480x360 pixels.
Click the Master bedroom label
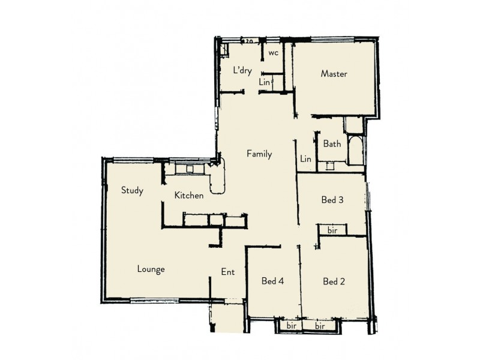(334, 74)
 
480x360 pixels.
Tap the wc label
(273, 53)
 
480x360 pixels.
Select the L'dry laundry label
(242, 71)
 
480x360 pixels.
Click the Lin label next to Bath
(306, 158)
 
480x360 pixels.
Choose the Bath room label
(332, 144)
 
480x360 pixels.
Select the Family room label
(259, 154)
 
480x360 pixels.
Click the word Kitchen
(189, 195)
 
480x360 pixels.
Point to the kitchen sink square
(190, 169)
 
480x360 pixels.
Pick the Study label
(132, 191)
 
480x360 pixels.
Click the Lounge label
(151, 269)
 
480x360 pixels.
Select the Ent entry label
(228, 272)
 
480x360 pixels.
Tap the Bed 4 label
(273, 281)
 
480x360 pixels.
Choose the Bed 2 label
(334, 281)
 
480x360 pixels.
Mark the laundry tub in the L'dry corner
(223, 49)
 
